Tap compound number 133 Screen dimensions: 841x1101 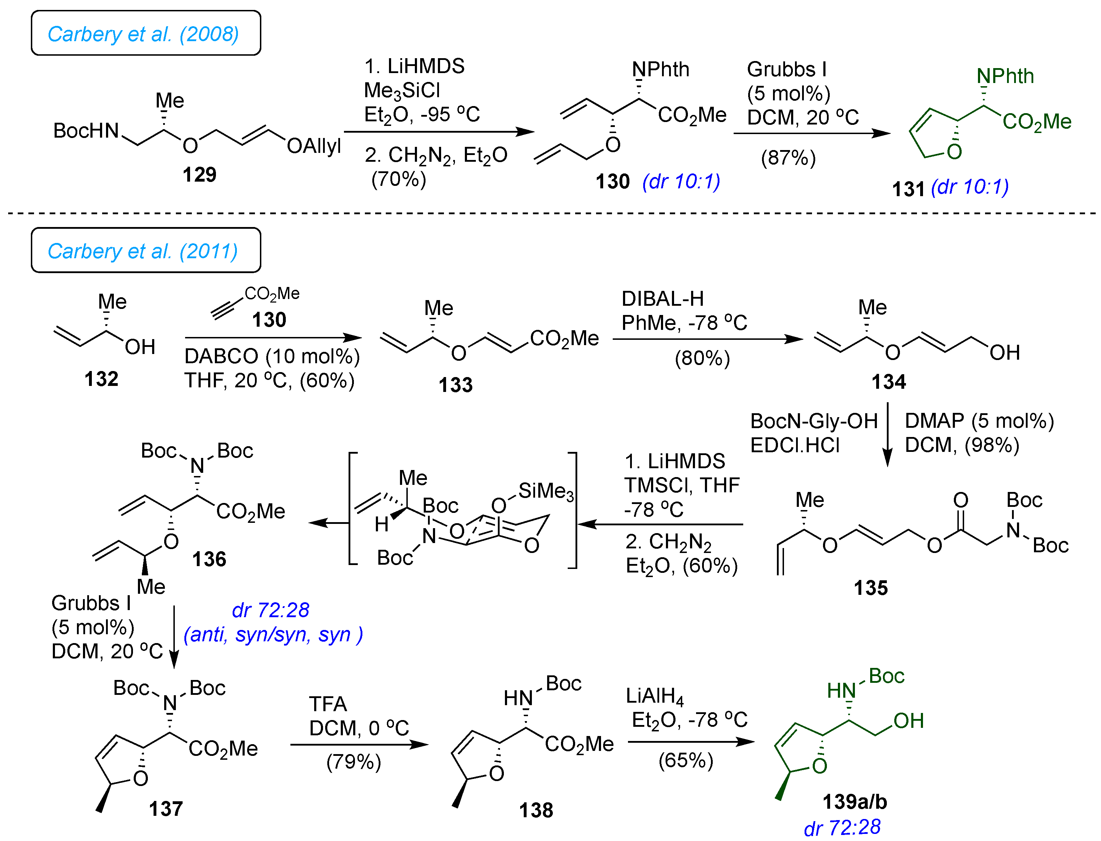[455, 385]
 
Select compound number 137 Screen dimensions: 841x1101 [166, 808]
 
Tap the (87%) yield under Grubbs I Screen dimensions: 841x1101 [788, 158]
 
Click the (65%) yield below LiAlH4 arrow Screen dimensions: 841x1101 [686, 760]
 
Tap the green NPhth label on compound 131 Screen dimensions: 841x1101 [1005, 76]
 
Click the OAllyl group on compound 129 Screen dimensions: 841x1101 [314, 146]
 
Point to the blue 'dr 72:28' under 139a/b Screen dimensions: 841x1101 [842, 827]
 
